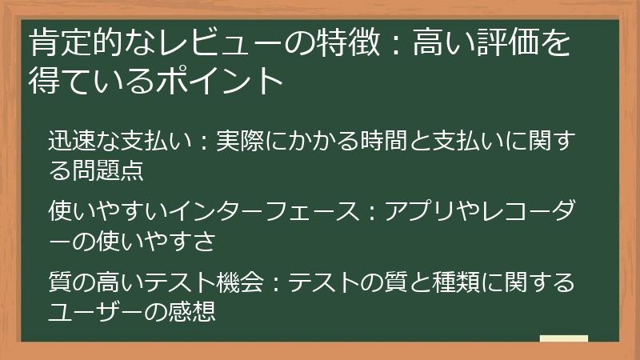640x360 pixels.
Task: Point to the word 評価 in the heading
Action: coord(509,43)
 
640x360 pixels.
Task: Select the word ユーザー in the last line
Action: coord(102,309)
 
